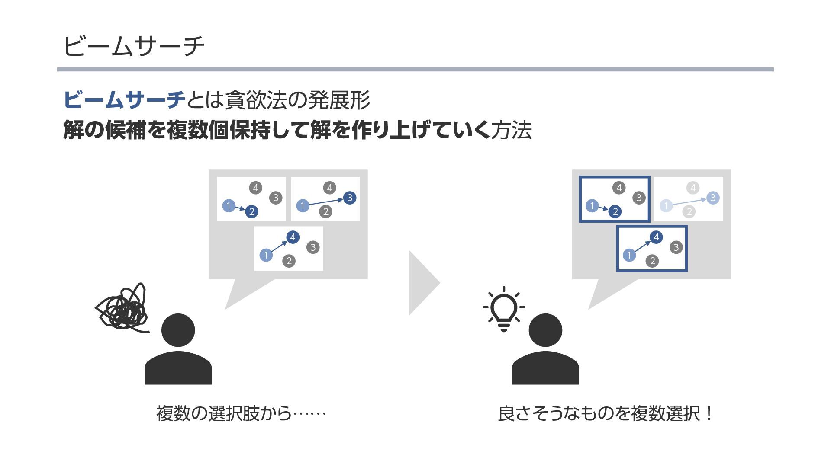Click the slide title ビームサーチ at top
[x=134, y=46]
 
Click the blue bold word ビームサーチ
[x=124, y=100]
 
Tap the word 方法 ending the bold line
[x=511, y=130]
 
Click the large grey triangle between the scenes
[x=423, y=283]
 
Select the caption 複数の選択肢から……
[x=241, y=413]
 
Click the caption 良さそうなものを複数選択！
[x=604, y=413]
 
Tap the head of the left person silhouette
[x=178, y=330]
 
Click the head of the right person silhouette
[x=545, y=330]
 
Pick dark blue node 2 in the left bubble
[x=251, y=211]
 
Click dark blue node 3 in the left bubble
[x=350, y=198]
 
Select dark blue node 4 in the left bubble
[x=293, y=237]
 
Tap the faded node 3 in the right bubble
[x=713, y=198]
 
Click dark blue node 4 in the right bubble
[x=656, y=237]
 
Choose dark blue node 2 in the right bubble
[x=615, y=211]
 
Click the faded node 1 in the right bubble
[x=666, y=205]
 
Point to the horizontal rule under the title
[x=415, y=69]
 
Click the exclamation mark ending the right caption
[x=708, y=413]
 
